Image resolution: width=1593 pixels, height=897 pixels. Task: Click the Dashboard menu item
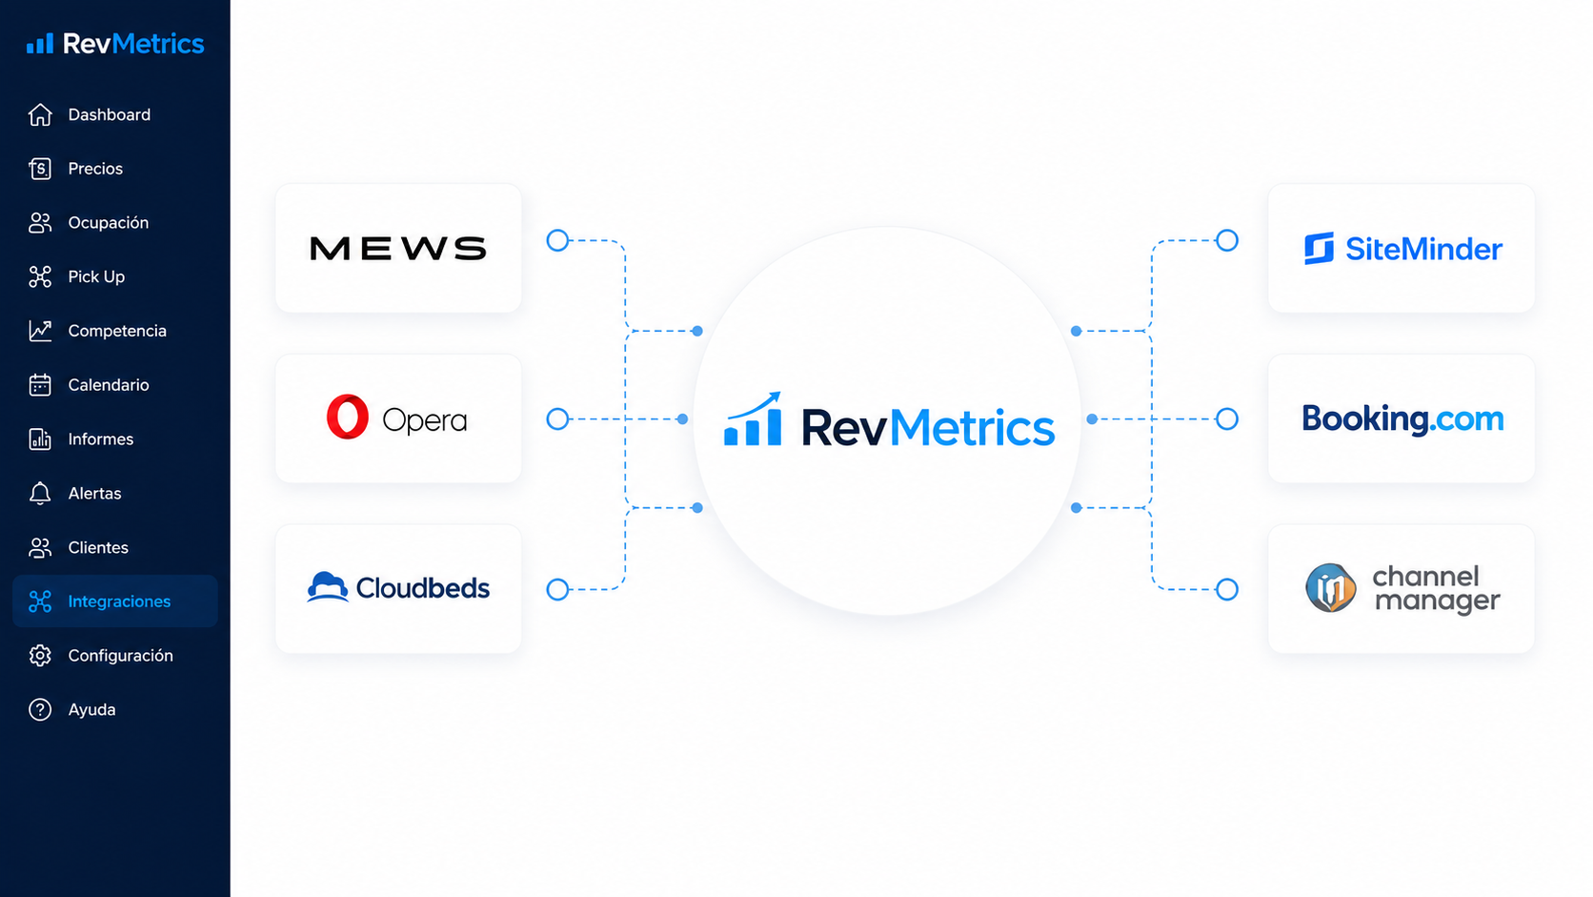(89, 114)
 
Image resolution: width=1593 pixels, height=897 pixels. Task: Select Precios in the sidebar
(75, 169)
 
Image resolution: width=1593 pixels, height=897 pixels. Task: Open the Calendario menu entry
(89, 385)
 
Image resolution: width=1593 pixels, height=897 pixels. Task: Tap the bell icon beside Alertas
(40, 493)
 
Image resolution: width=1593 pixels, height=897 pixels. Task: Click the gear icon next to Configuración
(40, 655)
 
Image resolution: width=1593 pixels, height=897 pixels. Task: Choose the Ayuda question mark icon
(40, 709)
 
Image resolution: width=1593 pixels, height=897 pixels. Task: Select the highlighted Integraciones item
(115, 601)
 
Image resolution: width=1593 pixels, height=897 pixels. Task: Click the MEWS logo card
(398, 248)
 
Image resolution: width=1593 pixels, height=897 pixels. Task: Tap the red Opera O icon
(347, 417)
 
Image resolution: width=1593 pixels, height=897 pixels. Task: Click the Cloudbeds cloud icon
(327, 587)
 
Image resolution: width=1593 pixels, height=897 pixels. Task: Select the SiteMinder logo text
(1423, 249)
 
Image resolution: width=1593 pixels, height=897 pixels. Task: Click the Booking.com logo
(1402, 419)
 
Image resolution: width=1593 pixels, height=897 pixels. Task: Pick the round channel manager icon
(1331, 587)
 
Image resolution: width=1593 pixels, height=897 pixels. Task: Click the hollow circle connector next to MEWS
(557, 240)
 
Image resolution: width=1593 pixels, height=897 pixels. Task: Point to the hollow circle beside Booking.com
(1227, 419)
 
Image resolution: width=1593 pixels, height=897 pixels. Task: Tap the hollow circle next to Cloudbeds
(557, 589)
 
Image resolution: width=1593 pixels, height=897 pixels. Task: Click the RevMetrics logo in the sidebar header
(115, 44)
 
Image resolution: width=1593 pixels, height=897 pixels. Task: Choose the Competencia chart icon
(40, 331)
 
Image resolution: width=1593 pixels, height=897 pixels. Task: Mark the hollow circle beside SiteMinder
(1227, 240)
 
